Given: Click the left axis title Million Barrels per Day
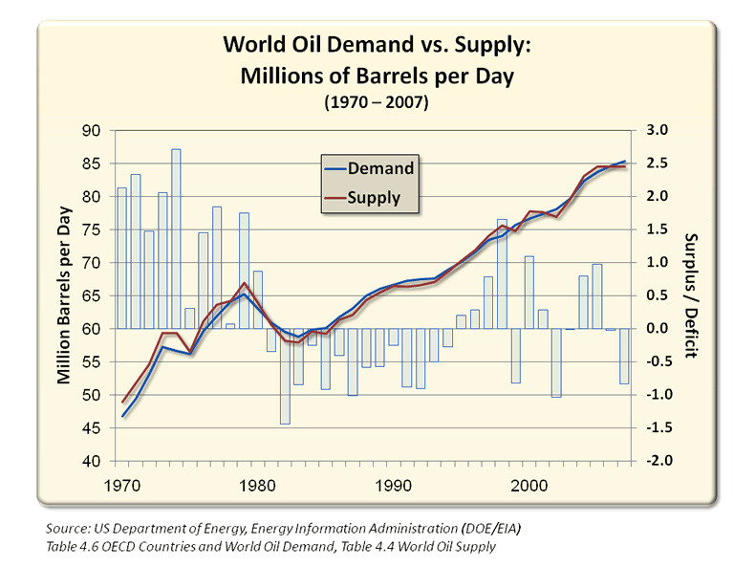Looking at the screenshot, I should click(64, 294).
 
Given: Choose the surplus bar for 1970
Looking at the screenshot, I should click(121, 257).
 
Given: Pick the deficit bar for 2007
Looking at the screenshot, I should click(624, 356).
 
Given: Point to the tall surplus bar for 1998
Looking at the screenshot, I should click(502, 273).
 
